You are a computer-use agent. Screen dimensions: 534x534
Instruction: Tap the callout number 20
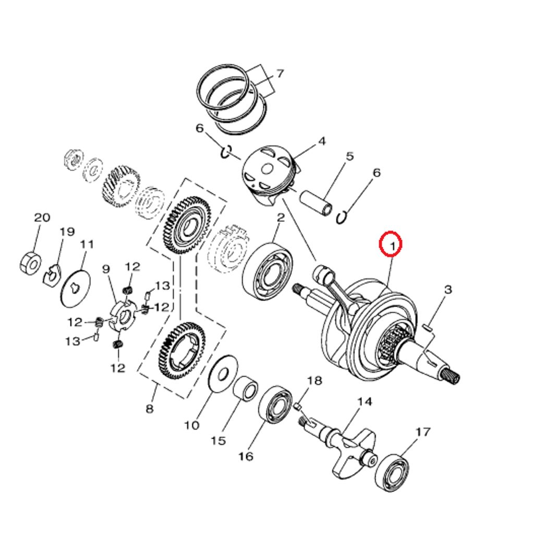pos(42,217)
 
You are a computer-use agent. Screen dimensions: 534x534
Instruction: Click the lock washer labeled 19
pos(52,275)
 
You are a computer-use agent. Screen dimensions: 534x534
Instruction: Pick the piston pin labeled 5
pos(315,203)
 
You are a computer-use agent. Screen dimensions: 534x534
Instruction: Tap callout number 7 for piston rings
pos(280,74)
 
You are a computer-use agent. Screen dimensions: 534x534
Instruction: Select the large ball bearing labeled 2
pos(268,271)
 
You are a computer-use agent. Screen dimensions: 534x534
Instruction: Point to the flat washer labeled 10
pos(223,374)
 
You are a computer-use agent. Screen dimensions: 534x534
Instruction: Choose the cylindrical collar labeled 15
pos(246,388)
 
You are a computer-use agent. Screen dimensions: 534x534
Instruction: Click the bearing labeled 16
pos(276,404)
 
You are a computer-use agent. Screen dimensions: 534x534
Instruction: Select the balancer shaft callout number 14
pos(365,402)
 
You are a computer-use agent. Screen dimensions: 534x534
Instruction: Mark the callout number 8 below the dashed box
pos(150,408)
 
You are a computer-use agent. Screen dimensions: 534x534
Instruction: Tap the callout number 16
pos(246,456)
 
